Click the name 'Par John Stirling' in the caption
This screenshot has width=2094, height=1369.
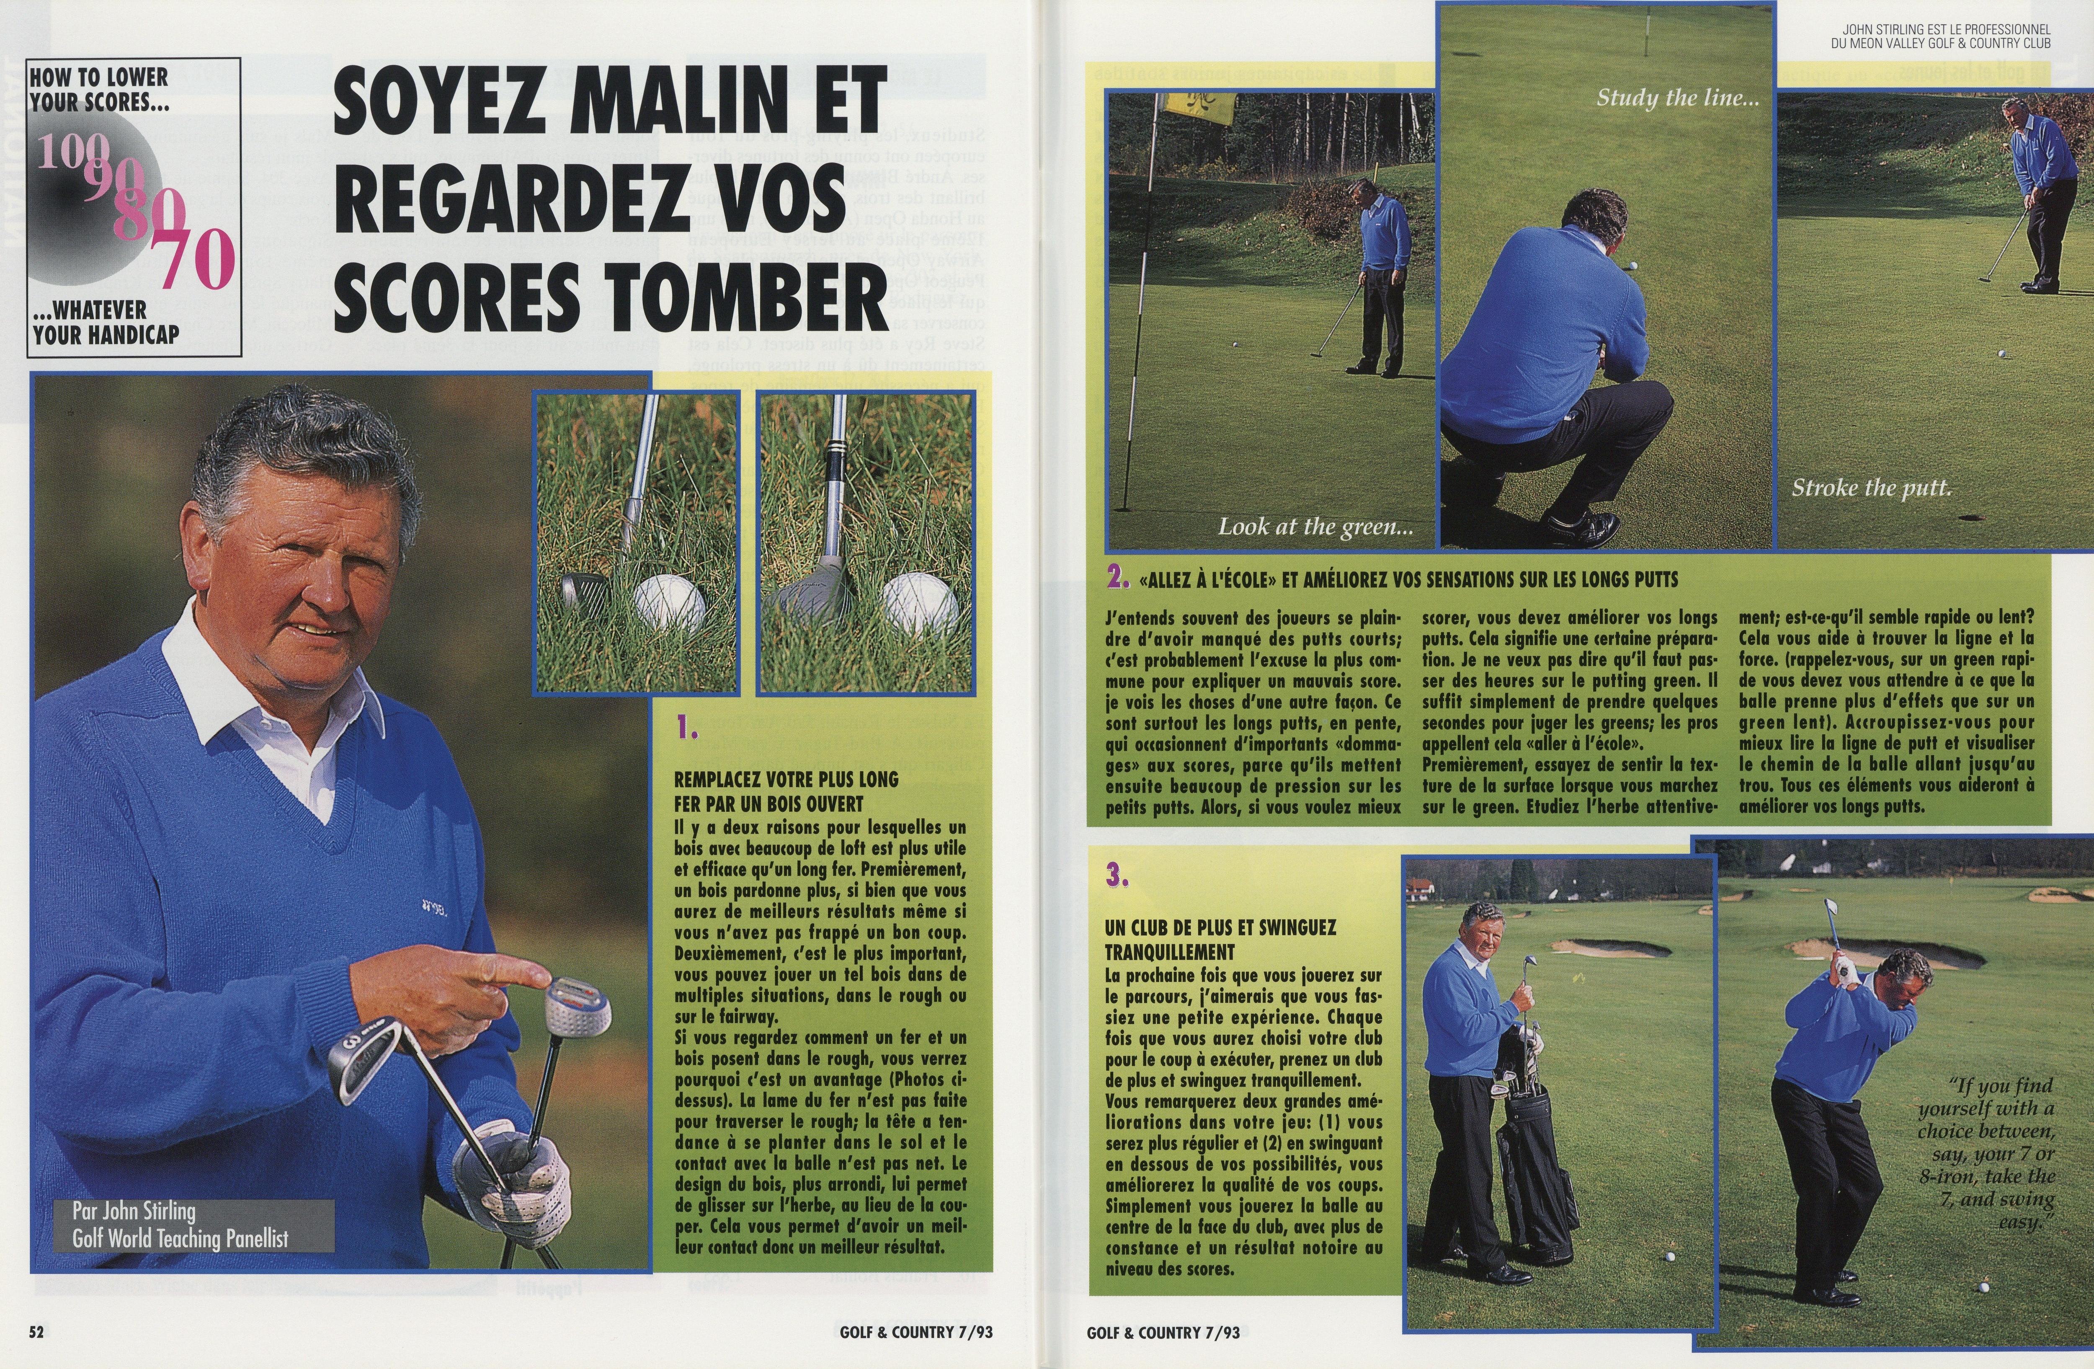[x=134, y=1211]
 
